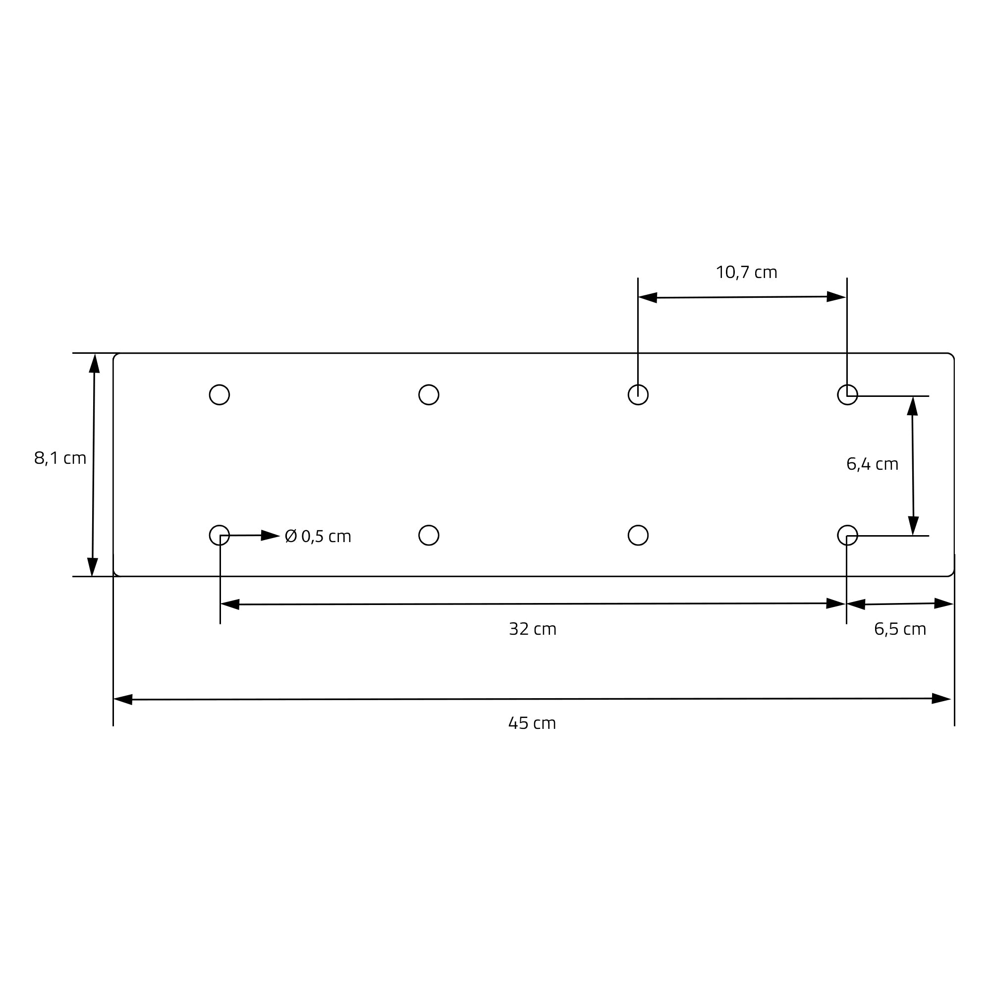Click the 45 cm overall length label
[x=532, y=723]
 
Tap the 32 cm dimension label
[x=533, y=629]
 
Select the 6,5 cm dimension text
[x=900, y=629]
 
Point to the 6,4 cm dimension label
[x=873, y=464]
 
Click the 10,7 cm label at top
[x=746, y=273]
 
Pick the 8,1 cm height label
[x=60, y=458]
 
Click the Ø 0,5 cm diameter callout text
[x=318, y=537]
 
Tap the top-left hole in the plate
[x=220, y=395]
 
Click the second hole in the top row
[x=429, y=395]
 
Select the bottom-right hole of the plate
[x=847, y=536]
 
